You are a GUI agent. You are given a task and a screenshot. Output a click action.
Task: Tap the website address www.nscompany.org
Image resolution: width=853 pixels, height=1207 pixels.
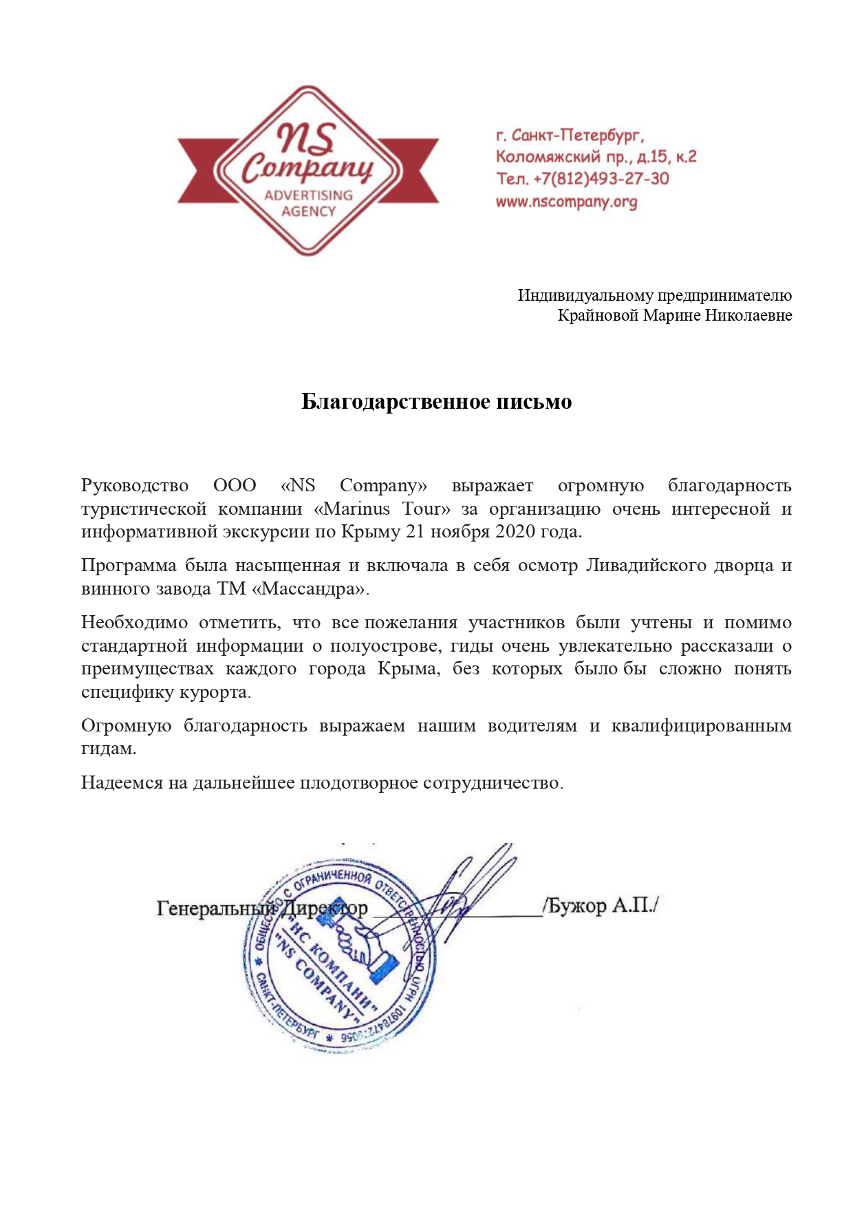(566, 202)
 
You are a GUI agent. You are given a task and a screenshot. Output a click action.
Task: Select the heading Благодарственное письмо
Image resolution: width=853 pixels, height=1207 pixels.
(436, 402)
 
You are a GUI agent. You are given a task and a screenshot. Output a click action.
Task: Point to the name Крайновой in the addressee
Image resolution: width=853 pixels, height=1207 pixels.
(598, 316)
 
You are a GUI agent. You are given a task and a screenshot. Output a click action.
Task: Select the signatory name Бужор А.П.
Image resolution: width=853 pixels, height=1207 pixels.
(600, 906)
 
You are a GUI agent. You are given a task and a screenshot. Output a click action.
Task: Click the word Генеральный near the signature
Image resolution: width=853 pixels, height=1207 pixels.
(215, 908)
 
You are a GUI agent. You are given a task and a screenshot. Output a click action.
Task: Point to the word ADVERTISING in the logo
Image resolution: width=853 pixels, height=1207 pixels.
(308, 195)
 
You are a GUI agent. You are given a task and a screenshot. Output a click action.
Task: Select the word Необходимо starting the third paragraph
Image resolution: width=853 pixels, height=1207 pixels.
(134, 623)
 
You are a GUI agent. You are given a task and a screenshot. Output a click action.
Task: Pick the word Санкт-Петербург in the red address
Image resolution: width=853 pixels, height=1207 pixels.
(578, 135)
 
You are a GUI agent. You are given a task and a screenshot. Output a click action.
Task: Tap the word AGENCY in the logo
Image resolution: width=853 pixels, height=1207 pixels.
(308, 211)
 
